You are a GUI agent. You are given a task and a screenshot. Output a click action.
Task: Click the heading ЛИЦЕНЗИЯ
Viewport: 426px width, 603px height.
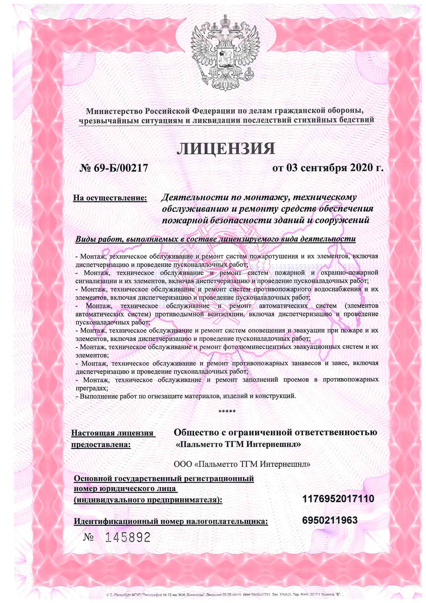click(x=226, y=149)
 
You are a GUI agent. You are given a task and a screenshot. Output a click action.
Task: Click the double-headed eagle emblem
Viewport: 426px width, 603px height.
click(x=225, y=53)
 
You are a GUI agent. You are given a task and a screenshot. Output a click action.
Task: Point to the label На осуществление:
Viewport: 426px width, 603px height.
click(x=110, y=198)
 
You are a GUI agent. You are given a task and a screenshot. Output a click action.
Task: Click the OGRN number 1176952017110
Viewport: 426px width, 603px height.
click(x=338, y=498)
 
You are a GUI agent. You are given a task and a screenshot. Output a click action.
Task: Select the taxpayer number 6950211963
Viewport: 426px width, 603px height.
click(x=330, y=520)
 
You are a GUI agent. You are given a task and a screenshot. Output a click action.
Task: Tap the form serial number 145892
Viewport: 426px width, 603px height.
click(x=128, y=538)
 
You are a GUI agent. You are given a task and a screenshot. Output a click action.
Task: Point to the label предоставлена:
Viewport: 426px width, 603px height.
click(x=101, y=445)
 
